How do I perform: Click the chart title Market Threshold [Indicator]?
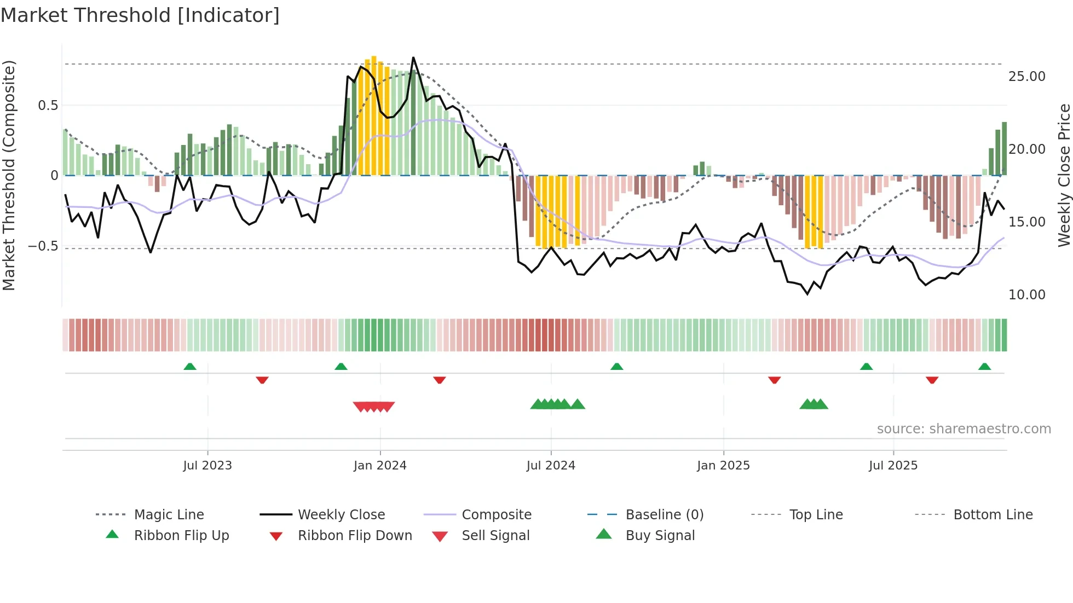pyautogui.click(x=140, y=15)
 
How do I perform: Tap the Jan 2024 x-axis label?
pyautogui.click(x=380, y=466)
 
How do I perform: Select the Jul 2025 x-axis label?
pyautogui.click(x=893, y=466)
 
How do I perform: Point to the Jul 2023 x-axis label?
pyautogui.click(x=207, y=466)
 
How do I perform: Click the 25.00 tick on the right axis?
pyautogui.click(x=1026, y=77)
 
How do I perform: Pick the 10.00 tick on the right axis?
pyautogui.click(x=1026, y=295)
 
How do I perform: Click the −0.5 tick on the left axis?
pyautogui.click(x=43, y=246)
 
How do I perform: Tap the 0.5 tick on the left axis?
pyautogui.click(x=48, y=106)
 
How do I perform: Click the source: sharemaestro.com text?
pyautogui.click(x=964, y=429)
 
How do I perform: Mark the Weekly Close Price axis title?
pyautogui.click(x=1064, y=175)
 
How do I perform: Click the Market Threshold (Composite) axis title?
pyautogui.click(x=9, y=175)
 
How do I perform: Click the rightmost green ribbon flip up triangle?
pyautogui.click(x=984, y=367)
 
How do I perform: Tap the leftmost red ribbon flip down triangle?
pyautogui.click(x=262, y=380)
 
